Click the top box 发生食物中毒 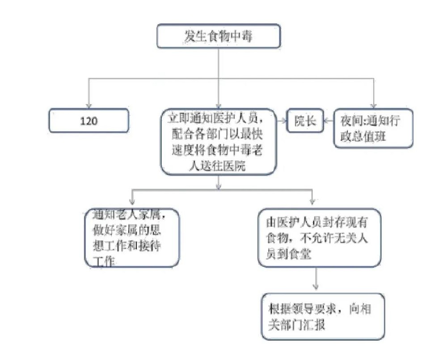(x=218, y=36)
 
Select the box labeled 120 (x=89, y=121)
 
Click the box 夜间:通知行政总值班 (x=373, y=128)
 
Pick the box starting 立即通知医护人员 (x=218, y=141)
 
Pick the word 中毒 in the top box (x=241, y=36)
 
